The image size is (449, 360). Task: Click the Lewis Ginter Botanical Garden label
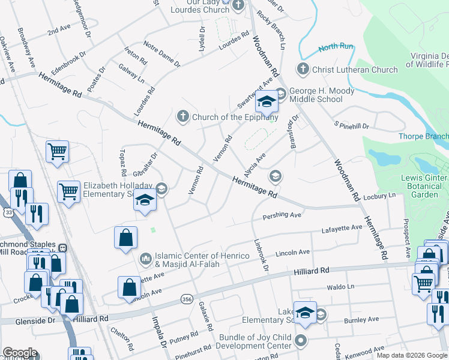click(x=424, y=186)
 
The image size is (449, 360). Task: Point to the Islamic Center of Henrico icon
click(x=145, y=259)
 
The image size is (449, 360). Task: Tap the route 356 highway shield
click(x=186, y=298)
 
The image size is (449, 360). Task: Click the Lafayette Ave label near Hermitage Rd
click(x=342, y=227)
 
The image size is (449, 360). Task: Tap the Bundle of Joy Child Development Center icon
click(x=300, y=343)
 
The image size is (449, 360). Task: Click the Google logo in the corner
click(x=20, y=353)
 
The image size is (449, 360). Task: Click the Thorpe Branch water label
click(x=423, y=136)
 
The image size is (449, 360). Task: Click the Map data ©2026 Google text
click(x=411, y=355)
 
